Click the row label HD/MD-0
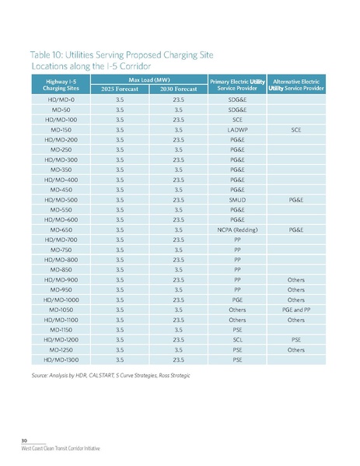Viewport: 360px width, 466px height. point(62,100)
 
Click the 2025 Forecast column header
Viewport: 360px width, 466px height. point(119,89)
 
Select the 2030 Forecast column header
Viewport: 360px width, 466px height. point(178,89)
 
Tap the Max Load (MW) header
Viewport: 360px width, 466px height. point(149,79)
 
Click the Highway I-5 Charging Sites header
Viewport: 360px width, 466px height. point(62,84)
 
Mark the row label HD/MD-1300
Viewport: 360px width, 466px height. point(62,361)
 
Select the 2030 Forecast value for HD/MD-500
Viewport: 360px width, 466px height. point(178,198)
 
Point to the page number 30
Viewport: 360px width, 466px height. point(25,440)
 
